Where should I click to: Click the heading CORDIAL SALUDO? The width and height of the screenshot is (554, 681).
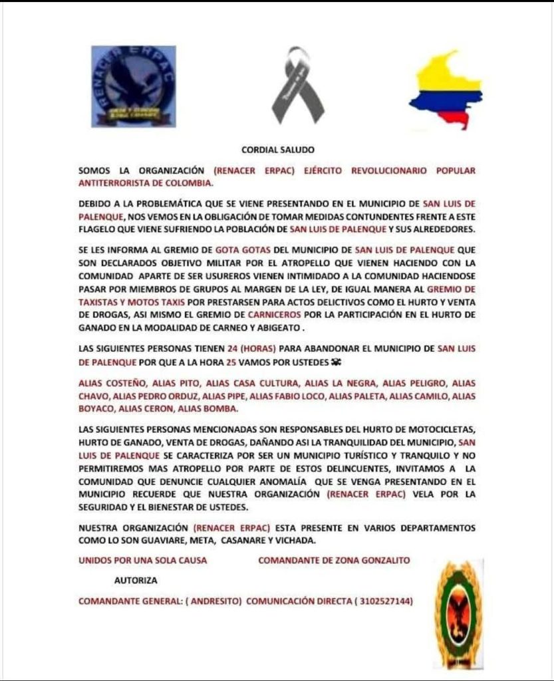277,150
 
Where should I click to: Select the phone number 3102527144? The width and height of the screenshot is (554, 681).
385,601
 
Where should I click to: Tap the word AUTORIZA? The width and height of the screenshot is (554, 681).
136,581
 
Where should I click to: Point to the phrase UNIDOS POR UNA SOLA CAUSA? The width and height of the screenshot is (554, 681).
142,560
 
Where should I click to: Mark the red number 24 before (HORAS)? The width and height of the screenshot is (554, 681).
233,348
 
